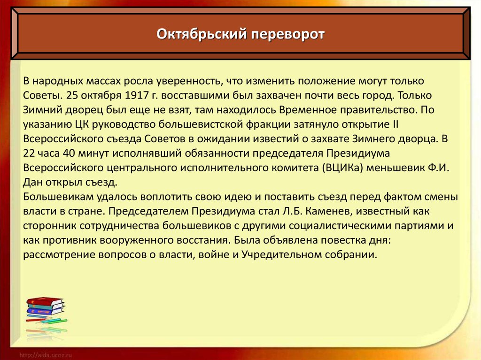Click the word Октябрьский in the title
(202, 34)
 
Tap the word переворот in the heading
(288, 35)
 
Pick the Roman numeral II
(395, 124)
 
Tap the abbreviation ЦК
(82, 125)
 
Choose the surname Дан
(32, 183)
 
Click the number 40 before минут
(69, 153)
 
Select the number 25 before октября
(72, 95)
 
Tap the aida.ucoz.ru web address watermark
(46, 355)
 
